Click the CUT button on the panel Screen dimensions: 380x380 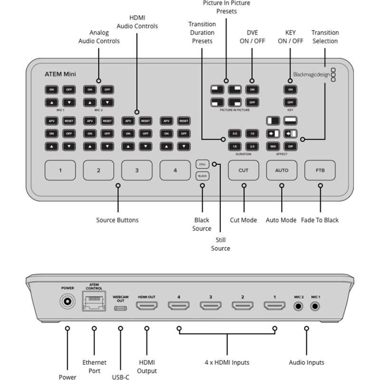coord(243,170)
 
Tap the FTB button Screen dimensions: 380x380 coord(320,170)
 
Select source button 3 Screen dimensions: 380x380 coord(137,170)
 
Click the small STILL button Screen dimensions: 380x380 coord(202,164)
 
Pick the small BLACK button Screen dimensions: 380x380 coord(202,176)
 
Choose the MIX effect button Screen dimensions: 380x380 coord(273,147)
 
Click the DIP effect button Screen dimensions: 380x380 coord(290,147)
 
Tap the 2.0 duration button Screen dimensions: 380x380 coord(252,147)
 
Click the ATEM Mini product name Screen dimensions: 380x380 coord(60,74)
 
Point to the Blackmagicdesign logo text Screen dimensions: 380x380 coord(311,74)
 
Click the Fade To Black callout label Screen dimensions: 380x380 coord(320,220)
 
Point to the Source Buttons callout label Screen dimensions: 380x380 coord(117,220)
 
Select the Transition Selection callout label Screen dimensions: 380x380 coord(325,37)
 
